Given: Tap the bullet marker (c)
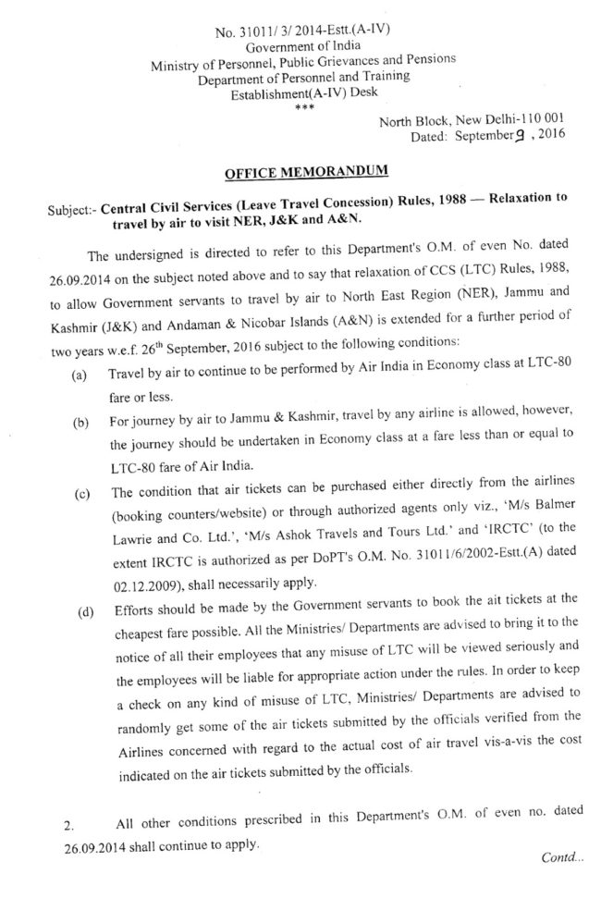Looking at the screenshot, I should point(80,494).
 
